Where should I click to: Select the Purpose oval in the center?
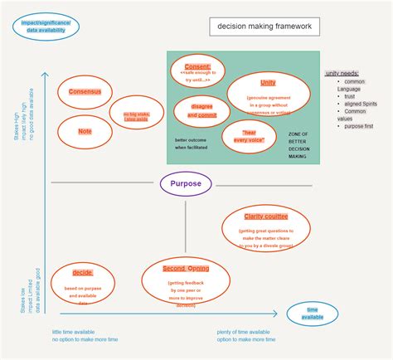[186, 184]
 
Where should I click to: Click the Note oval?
[85, 131]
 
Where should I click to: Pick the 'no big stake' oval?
[135, 118]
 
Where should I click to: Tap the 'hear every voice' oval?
[248, 136]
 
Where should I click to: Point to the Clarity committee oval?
[265, 226]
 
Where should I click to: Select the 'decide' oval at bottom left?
[82, 285]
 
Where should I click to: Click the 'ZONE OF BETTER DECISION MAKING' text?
[298, 145]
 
